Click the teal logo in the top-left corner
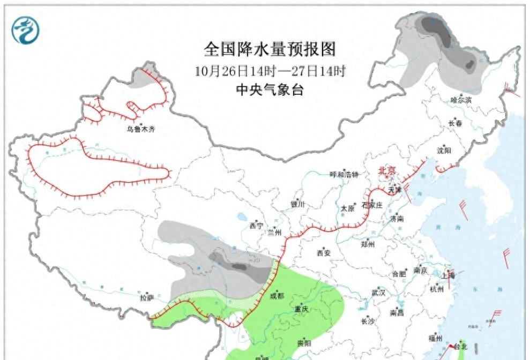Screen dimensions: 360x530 [x=25, y=31]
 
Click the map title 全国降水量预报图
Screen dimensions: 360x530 [x=269, y=49]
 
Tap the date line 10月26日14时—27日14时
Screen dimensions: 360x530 [x=270, y=71]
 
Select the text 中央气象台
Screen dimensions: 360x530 [x=270, y=90]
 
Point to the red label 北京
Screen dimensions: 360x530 [x=387, y=171]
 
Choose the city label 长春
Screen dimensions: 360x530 [x=455, y=123]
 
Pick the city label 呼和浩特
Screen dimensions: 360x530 [x=344, y=174]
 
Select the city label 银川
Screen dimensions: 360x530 [x=297, y=205]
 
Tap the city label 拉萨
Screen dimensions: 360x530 [x=147, y=297]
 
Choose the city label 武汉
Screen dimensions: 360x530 [x=378, y=292]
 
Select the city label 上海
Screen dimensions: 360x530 [x=448, y=276]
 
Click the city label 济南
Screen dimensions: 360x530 [x=397, y=219]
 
